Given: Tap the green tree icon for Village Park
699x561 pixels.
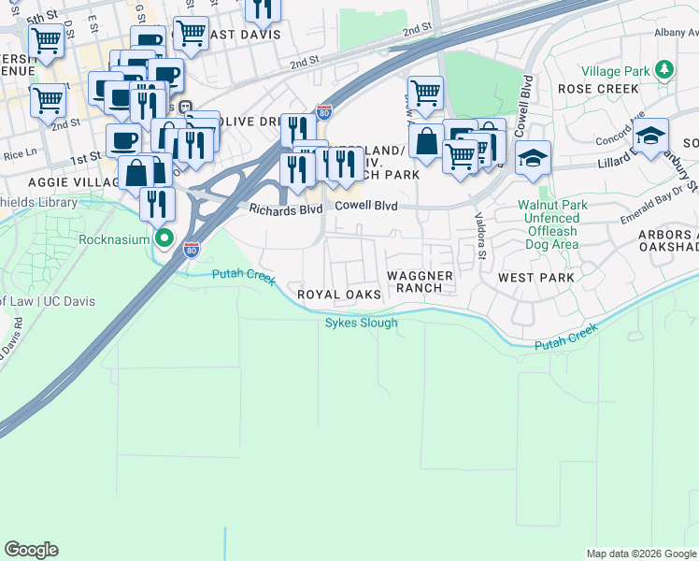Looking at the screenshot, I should [664, 69].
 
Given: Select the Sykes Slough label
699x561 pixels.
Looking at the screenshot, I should [361, 324].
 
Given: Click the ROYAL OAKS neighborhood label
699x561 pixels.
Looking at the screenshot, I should [339, 295].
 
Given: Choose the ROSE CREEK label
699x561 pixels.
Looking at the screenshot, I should [598, 89].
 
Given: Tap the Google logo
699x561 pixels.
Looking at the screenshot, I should [31, 550].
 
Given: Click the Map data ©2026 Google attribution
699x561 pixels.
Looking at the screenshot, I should [641, 554].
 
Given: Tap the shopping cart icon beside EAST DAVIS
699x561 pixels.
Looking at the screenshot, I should [191, 32].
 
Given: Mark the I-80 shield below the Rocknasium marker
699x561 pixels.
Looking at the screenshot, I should [192, 250].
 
